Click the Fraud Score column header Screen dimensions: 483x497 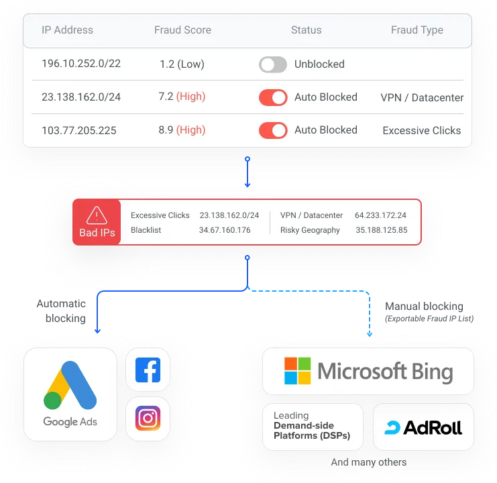(x=182, y=30)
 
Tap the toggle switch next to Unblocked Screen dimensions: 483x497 (x=273, y=64)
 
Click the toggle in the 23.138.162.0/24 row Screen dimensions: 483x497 (x=273, y=97)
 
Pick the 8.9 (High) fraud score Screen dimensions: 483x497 (x=182, y=130)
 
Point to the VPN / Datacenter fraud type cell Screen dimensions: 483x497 (x=422, y=97)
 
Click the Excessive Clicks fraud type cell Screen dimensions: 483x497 (x=422, y=130)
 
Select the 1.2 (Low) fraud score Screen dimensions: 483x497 (x=182, y=64)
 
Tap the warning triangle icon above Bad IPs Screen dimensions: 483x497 (x=97, y=215)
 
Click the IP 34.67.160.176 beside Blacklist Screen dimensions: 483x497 (x=225, y=230)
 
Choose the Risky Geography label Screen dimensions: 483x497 (x=310, y=230)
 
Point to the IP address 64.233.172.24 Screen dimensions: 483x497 (x=380, y=215)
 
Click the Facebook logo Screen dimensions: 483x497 (x=148, y=370)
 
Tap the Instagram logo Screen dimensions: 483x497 (x=148, y=418)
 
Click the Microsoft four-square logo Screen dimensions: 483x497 (x=298, y=371)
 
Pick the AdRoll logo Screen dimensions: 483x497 (x=423, y=427)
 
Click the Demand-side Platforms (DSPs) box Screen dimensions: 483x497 (x=312, y=426)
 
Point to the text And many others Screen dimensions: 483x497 (x=368, y=462)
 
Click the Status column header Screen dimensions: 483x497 (x=306, y=30)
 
